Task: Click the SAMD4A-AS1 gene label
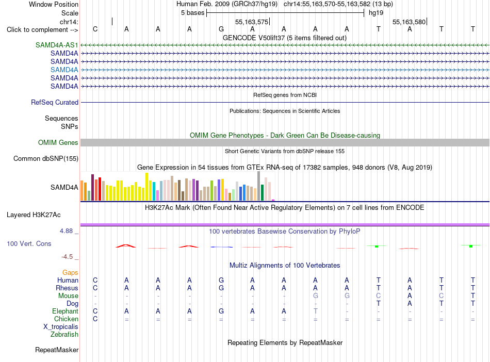click(57, 45)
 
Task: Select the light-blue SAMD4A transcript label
click(64, 70)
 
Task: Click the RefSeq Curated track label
click(55, 102)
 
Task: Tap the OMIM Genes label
click(58, 142)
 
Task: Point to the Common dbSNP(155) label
click(46, 158)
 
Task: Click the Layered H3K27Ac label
click(34, 215)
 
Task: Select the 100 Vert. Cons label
click(29, 243)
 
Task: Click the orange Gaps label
click(70, 272)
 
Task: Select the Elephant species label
click(66, 311)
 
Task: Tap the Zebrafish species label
click(64, 334)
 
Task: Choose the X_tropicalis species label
click(61, 327)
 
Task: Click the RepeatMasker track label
click(57, 350)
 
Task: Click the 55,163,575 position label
click(252, 22)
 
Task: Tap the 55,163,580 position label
click(409, 22)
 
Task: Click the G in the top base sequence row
click(221, 29)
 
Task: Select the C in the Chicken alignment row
click(95, 319)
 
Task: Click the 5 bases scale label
click(192, 13)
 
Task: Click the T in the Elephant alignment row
click(315, 311)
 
